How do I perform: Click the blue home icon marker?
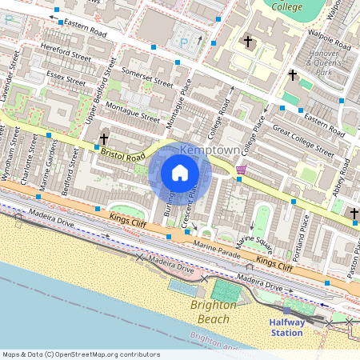(x=180, y=173)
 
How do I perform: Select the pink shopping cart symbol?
(x=241, y=170)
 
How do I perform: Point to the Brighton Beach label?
(x=214, y=312)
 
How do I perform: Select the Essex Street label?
(x=66, y=78)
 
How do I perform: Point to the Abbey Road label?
(x=337, y=179)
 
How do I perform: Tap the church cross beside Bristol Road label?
(x=104, y=141)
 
